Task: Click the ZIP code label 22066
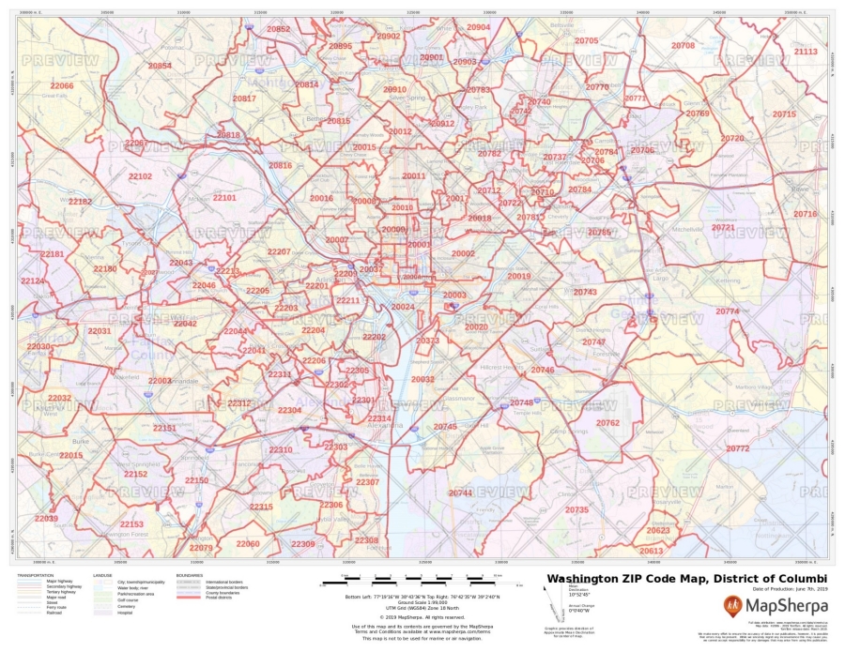pos(62,85)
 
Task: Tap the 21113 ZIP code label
pos(806,52)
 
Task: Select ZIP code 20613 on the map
pos(651,551)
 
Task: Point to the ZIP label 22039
pos(46,518)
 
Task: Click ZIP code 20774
pos(727,311)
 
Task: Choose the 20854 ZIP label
pos(160,66)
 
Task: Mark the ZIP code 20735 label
pos(576,509)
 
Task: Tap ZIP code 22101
pos(224,198)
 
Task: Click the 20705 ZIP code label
pos(586,40)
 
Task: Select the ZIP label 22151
pos(164,428)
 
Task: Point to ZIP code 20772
pos(737,448)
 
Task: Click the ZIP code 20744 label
pos(460,493)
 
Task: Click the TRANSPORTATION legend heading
pos(35,575)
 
